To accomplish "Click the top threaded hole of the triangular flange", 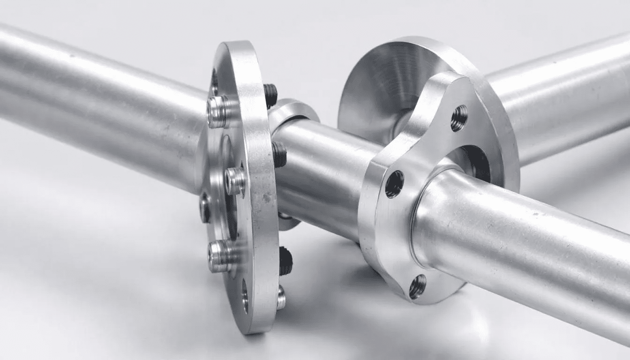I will (x=459, y=118).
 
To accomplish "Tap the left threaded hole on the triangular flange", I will (x=394, y=184).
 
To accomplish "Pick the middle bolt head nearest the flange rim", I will (x=234, y=180).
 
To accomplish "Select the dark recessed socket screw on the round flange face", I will (x=205, y=207).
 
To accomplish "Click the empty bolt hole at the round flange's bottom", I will (x=245, y=296).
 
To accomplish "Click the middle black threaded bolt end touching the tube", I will (x=279, y=155).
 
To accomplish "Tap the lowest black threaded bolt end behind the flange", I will (x=285, y=261).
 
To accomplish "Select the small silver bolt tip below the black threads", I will (x=281, y=298).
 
